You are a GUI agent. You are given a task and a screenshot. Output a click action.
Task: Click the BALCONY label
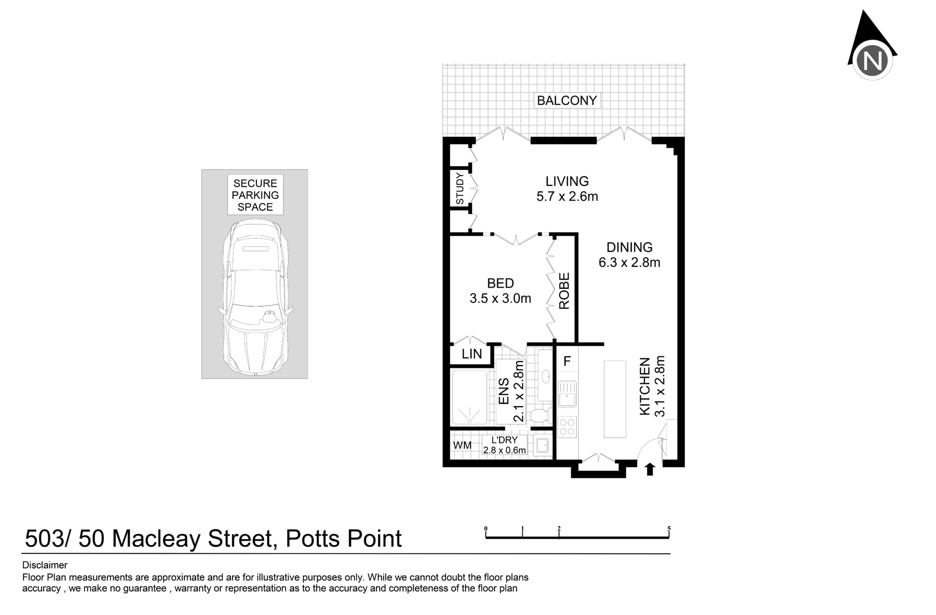[x=567, y=101]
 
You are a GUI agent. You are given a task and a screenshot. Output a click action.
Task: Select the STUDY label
[x=460, y=188]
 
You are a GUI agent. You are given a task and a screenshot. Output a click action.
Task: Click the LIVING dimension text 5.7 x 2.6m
[x=567, y=196]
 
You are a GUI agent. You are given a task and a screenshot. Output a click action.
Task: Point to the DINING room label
[x=629, y=247]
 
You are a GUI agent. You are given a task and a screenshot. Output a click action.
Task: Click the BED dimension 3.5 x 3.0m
[x=500, y=298]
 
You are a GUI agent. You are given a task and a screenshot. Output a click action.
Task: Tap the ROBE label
[x=564, y=291]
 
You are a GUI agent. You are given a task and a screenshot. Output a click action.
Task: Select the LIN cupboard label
[x=472, y=354]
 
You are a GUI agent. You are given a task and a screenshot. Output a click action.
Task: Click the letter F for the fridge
[x=567, y=361]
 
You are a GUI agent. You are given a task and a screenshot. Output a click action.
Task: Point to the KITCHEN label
[x=644, y=387]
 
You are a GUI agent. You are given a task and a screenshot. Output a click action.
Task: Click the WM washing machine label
[x=462, y=445]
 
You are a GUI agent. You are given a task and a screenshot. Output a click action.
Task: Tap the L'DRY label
[x=505, y=440]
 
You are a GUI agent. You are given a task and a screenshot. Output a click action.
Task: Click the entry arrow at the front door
[x=649, y=470]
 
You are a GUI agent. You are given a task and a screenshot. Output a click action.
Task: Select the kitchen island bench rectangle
[x=615, y=399]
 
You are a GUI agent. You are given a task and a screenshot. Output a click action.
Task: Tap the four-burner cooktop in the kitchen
[x=567, y=426]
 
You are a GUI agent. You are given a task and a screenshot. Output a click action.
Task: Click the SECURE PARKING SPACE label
[x=255, y=195]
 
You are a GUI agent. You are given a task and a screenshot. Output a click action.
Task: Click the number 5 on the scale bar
[x=669, y=529]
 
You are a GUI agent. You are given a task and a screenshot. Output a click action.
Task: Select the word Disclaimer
[x=45, y=565]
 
